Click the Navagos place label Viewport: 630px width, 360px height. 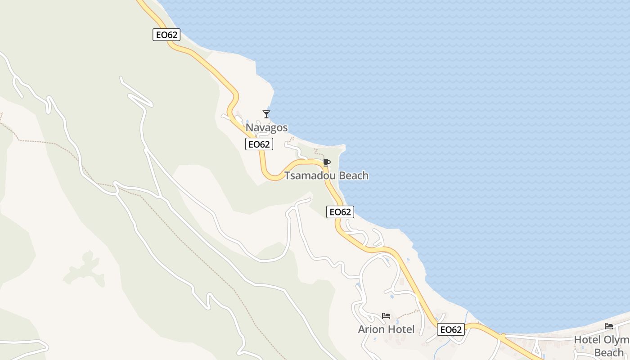266,128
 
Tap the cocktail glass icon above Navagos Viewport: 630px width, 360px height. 266,114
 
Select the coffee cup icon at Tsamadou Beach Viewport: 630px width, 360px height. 326,162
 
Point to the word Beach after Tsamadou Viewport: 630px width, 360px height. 354,175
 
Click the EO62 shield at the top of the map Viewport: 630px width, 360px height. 166,35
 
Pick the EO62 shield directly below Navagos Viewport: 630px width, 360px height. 259,144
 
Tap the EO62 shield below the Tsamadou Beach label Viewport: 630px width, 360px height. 340,212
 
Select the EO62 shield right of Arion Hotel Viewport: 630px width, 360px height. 451,330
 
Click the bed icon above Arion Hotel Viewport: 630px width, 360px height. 386,316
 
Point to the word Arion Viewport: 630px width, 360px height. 370,330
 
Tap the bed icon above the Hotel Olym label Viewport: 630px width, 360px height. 609,326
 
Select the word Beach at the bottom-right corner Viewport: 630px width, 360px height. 609,352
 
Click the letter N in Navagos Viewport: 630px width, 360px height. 249,128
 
